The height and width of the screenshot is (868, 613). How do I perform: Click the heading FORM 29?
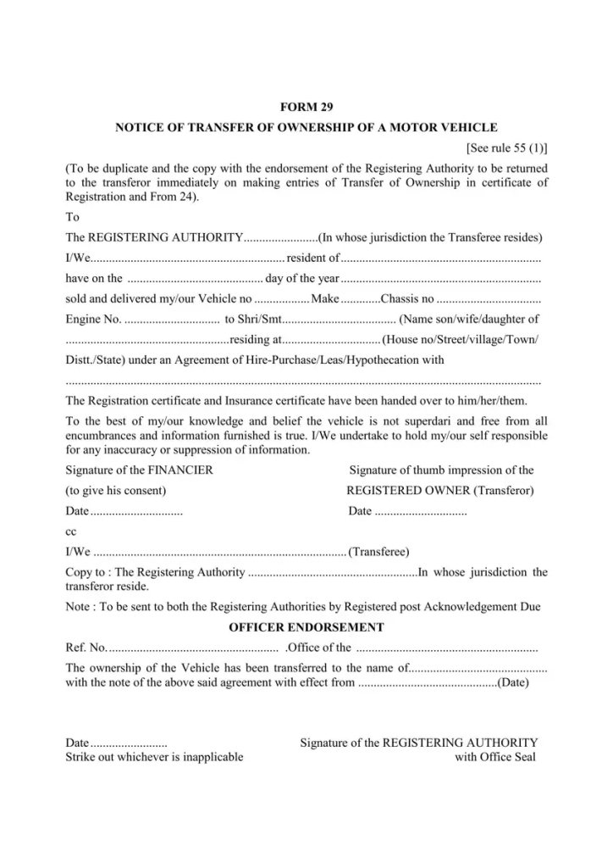[x=306, y=107]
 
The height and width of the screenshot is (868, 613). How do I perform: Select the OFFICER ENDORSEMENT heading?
[x=306, y=628]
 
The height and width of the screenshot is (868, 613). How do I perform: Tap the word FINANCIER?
[x=180, y=470]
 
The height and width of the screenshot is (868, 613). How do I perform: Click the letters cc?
[x=71, y=532]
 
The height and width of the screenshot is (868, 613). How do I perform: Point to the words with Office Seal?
[x=495, y=757]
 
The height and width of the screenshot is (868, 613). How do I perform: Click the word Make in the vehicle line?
[x=325, y=299]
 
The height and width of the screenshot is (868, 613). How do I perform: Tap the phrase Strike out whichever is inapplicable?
[x=154, y=757]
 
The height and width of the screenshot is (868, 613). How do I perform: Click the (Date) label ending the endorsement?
[x=513, y=682]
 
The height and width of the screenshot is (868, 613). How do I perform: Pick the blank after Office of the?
[x=447, y=649]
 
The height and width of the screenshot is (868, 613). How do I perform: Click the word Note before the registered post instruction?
[x=79, y=607]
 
